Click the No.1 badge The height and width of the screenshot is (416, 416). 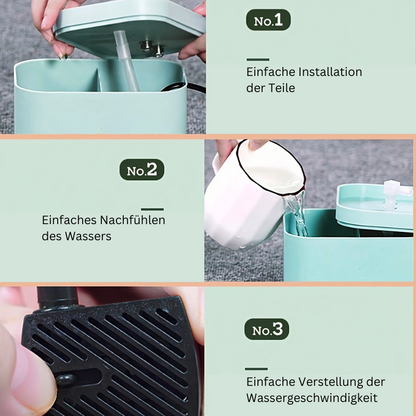pyautogui.click(x=268, y=20)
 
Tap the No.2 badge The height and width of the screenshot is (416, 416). pyautogui.click(x=142, y=170)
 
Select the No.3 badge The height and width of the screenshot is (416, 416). pyautogui.click(x=267, y=329)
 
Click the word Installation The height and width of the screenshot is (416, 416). pyautogui.click(x=330, y=72)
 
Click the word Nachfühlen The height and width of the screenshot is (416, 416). pyautogui.click(x=133, y=220)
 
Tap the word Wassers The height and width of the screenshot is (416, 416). pyautogui.click(x=88, y=236)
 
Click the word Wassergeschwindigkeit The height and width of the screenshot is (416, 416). pyautogui.click(x=312, y=398)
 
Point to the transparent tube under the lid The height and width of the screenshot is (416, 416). pyautogui.click(x=127, y=60)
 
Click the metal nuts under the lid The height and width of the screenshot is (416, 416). pyautogui.click(x=152, y=47)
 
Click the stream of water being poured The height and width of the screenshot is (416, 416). pyautogui.click(x=297, y=215)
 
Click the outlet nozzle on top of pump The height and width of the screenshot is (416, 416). pyautogui.click(x=57, y=298)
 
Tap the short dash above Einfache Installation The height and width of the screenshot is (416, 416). pyautogui.click(x=258, y=60)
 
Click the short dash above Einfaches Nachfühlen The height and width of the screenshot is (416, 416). pyautogui.click(x=153, y=209)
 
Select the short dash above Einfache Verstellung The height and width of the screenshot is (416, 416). pyautogui.click(x=256, y=369)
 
